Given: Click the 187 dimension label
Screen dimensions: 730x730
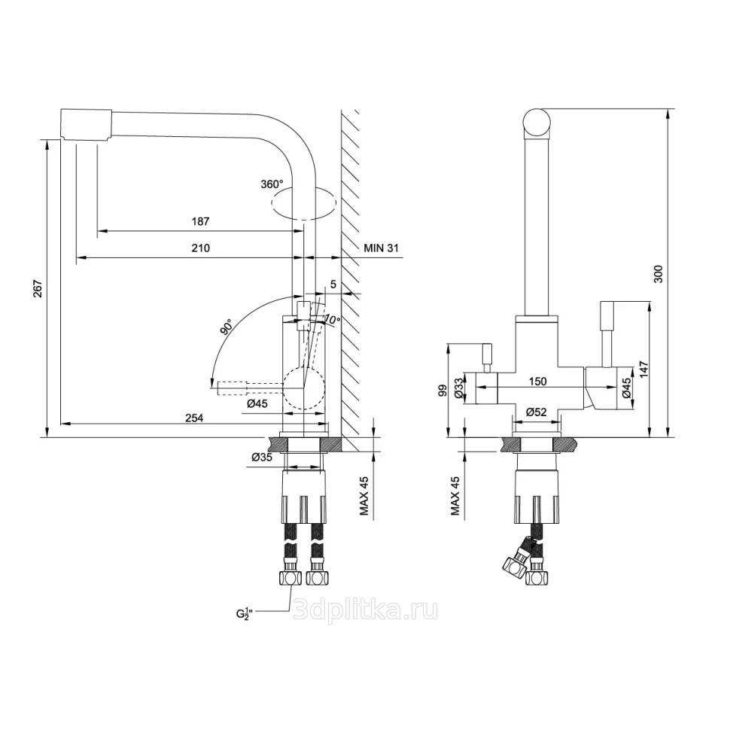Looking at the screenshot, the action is pyautogui.click(x=201, y=221).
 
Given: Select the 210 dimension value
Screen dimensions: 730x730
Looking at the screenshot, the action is pyautogui.click(x=201, y=248).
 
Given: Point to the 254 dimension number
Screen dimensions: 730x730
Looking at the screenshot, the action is pyautogui.click(x=194, y=418).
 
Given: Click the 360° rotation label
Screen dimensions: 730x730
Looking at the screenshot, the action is pyautogui.click(x=272, y=184).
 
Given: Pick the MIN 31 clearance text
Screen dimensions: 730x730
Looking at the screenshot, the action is pyautogui.click(x=382, y=248).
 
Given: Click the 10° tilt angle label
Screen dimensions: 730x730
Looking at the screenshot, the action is pyautogui.click(x=331, y=319).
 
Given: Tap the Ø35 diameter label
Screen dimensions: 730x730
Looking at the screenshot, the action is pyautogui.click(x=262, y=457).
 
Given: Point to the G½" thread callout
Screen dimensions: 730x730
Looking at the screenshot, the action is pyautogui.click(x=246, y=613).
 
